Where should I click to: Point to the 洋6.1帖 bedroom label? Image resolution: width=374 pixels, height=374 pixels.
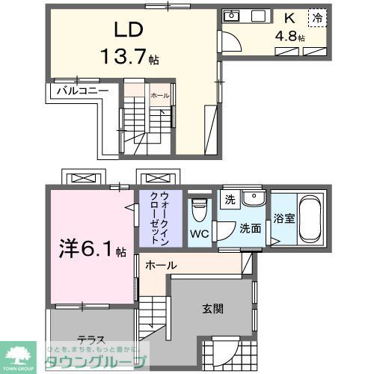point(89,248)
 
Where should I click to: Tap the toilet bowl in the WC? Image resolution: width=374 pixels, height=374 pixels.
point(199,209)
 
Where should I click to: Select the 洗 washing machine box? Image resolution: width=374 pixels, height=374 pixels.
point(230,200)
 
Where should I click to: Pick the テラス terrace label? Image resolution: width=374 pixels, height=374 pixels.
point(89,338)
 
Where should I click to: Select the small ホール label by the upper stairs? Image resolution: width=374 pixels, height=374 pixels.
point(159,96)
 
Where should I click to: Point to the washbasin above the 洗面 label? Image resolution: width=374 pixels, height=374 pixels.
point(254,200)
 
